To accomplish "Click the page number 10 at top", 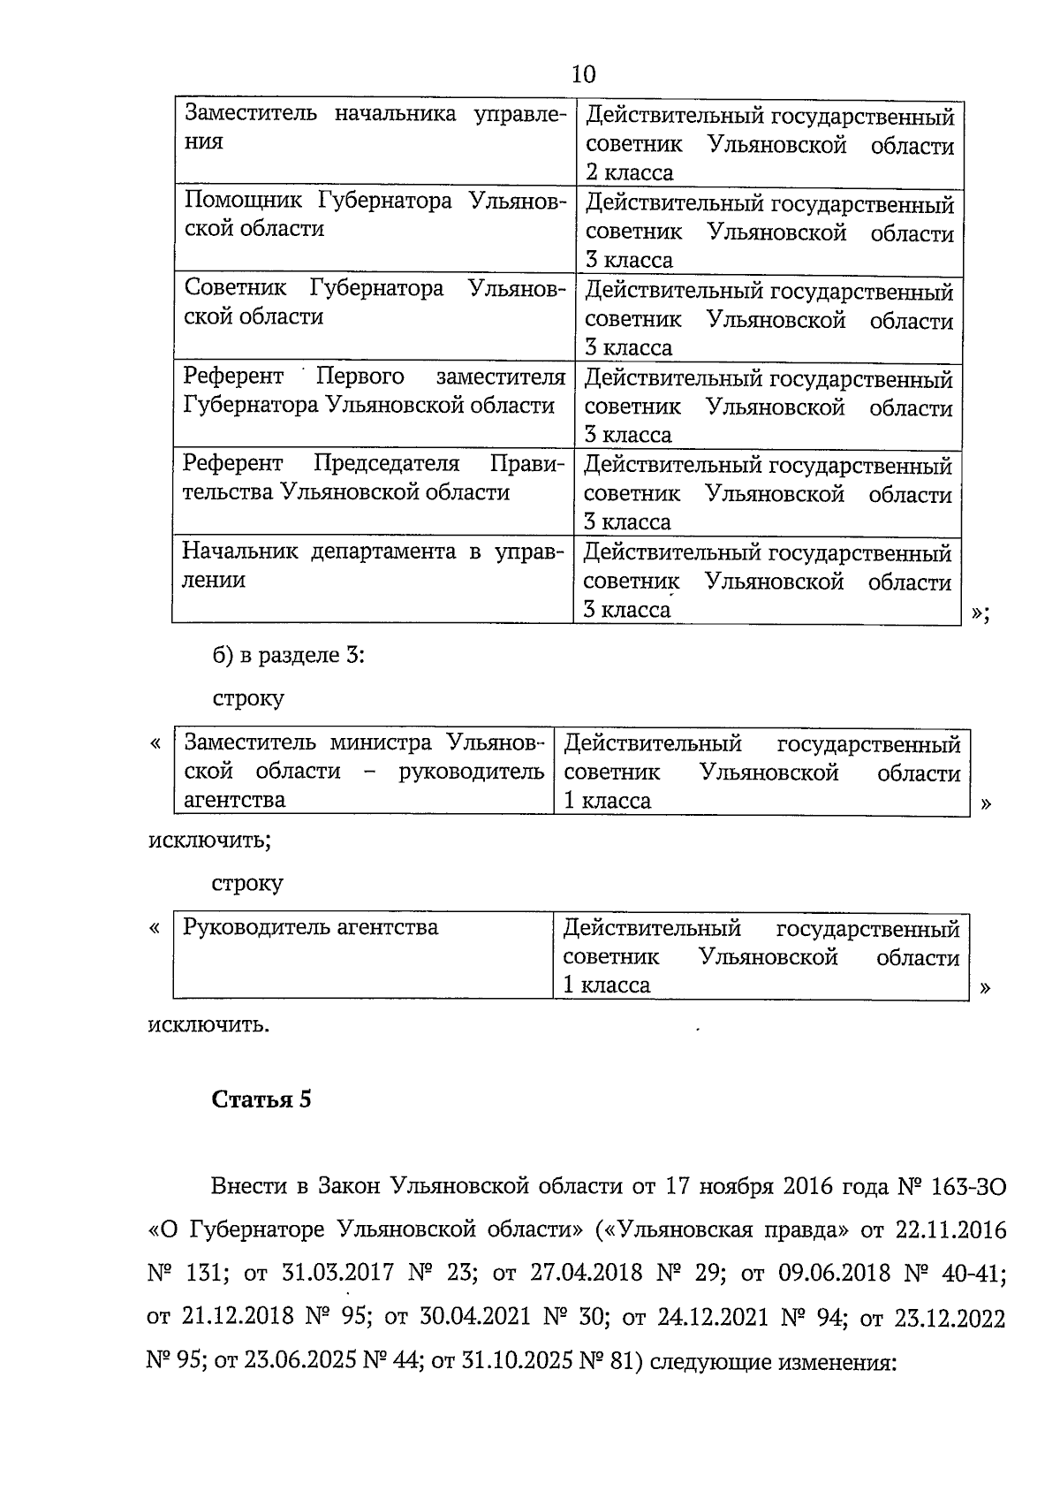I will (584, 74).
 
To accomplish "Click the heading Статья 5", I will (261, 1100).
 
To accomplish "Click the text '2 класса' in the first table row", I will (628, 172).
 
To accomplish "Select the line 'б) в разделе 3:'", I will (289, 655).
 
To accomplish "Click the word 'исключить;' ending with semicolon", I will (208, 839).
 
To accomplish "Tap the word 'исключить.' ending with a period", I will (208, 1024).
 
